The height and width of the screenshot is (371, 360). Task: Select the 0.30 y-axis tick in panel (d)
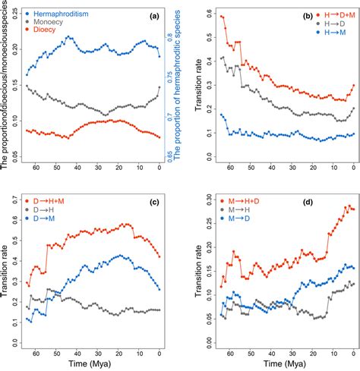[197, 196]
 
